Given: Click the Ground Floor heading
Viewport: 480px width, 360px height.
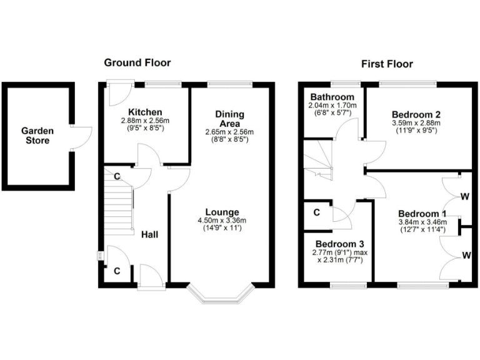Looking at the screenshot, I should click(137, 62).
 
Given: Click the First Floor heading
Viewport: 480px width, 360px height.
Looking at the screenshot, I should click(387, 64).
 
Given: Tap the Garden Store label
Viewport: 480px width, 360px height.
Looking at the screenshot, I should click(37, 136).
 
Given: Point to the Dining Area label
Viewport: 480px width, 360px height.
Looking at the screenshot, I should click(229, 119).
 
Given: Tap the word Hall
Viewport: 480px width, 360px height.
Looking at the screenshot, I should click(149, 234).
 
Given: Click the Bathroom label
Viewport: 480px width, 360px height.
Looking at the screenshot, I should click(332, 97).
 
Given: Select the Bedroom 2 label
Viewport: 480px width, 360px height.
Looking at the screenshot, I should click(416, 114).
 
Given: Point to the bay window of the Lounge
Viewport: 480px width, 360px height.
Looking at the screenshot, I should click(222, 294).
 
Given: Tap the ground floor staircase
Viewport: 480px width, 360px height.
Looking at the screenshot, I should click(119, 202).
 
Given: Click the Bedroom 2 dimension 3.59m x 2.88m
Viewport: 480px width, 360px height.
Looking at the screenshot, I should click(416, 123).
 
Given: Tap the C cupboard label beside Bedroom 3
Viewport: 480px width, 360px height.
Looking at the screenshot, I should click(317, 212).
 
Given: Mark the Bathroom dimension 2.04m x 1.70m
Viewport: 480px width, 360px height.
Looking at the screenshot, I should click(332, 106).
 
